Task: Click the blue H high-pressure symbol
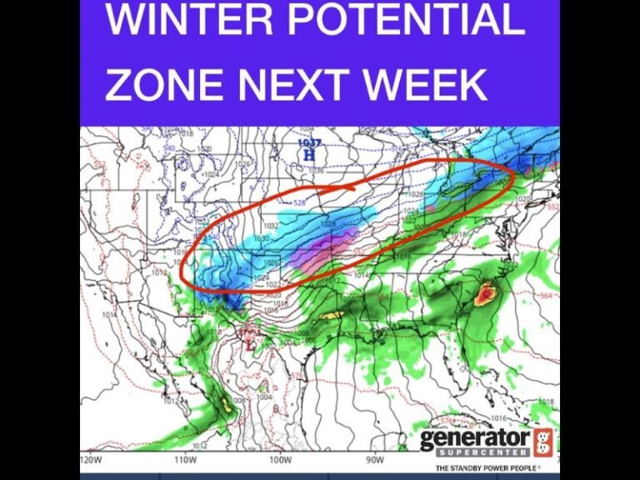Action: coord(310,154)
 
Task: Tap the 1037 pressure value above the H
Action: coord(309,143)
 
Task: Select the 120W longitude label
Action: coord(92,457)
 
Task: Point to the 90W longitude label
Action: coord(374,457)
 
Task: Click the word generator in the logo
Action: coord(474,439)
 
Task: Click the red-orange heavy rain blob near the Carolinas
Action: coord(485,292)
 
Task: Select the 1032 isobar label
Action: coord(271,226)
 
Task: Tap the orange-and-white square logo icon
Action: coord(542,442)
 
